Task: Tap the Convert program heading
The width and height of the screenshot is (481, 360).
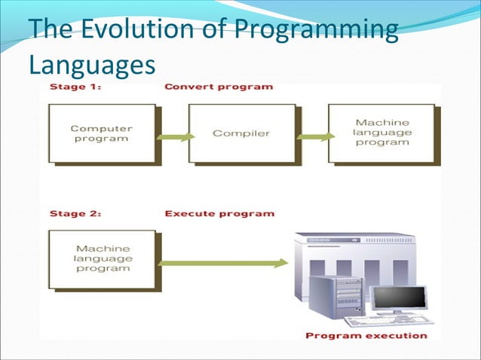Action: tap(219, 87)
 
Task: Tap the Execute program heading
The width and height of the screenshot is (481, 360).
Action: tap(219, 213)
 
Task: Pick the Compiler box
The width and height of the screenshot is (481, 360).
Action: tap(241, 133)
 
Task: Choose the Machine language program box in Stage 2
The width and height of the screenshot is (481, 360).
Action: tap(102, 258)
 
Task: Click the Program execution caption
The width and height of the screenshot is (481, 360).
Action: tap(366, 335)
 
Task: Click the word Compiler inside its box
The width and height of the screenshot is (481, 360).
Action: tap(241, 133)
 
